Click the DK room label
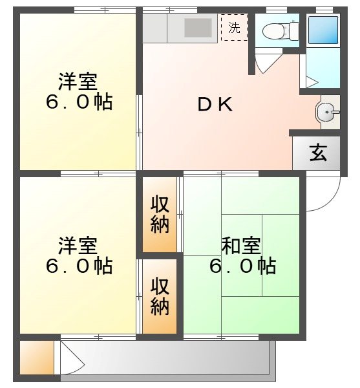[x=215, y=105]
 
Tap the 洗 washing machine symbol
[x=234, y=28]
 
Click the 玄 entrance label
[x=317, y=154]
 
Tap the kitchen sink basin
[x=198, y=27]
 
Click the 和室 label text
[x=241, y=246]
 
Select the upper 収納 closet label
[x=160, y=214]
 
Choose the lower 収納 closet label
[x=160, y=296]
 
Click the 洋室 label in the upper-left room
[x=78, y=82]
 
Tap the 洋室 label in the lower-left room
[x=78, y=246]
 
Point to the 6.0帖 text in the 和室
[x=242, y=265]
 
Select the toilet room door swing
[x=265, y=63]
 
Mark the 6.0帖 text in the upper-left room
[x=78, y=102]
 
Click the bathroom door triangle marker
[x=311, y=82]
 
